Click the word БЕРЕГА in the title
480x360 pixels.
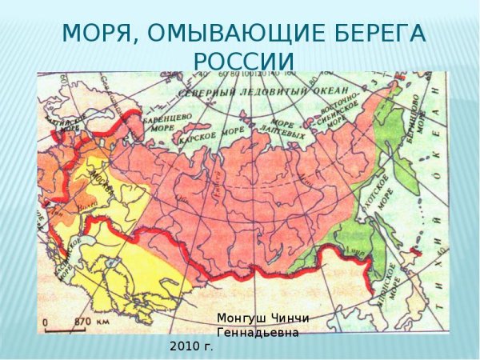pos(378,34)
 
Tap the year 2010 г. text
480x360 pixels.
pos(191,346)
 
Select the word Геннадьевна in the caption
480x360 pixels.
pos(258,333)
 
